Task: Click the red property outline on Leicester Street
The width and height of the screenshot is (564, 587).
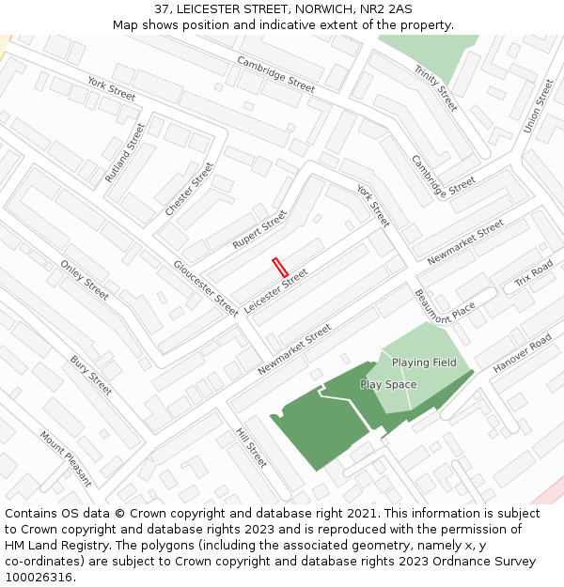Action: [279, 267]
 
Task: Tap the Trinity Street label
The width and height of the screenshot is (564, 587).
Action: [435, 88]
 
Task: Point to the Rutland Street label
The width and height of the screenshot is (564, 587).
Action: [125, 152]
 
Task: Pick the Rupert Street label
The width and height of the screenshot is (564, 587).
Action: [259, 229]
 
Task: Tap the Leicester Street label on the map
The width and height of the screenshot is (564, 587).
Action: [275, 291]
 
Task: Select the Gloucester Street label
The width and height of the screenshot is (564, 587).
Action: [205, 287]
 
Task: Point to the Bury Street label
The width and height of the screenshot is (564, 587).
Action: [91, 375]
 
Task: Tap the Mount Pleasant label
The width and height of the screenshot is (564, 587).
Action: [66, 458]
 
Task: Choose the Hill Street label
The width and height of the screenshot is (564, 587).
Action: [251, 448]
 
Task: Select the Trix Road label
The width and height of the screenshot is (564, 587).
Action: [534, 275]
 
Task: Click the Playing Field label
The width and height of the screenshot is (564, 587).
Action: [424, 363]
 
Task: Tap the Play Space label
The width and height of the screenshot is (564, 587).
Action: [388, 385]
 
